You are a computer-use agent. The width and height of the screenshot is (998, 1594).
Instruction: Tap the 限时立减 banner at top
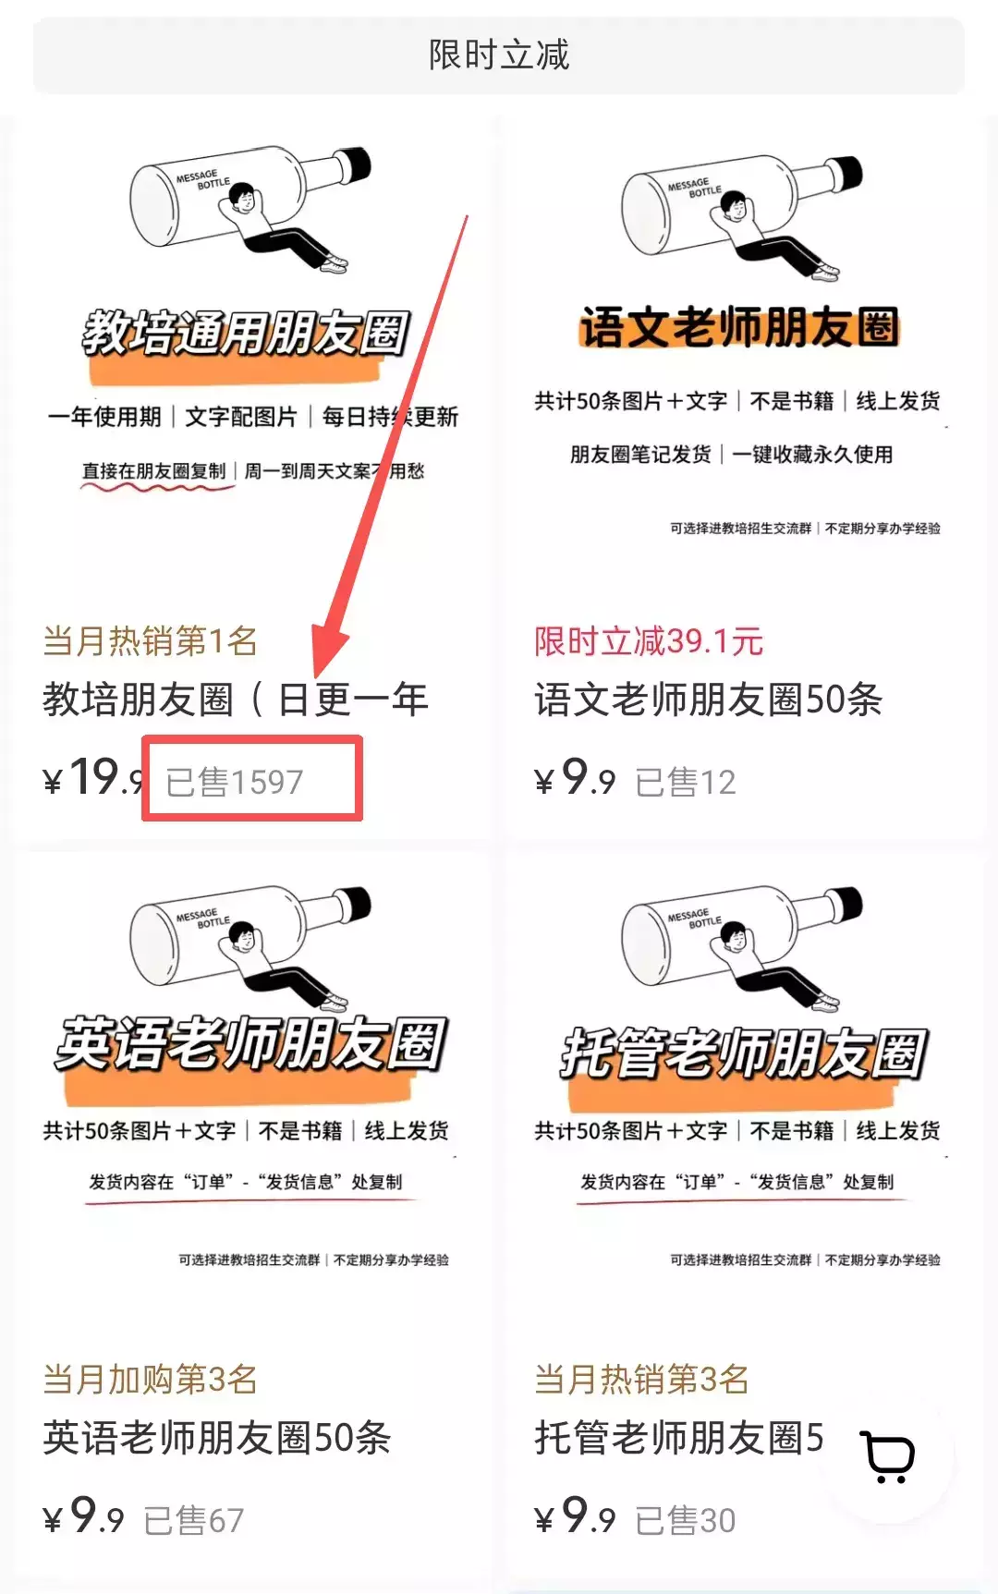pos(499,55)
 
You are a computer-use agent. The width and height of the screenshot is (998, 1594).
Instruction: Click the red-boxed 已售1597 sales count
pos(235,782)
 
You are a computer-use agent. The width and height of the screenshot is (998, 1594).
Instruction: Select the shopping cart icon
pos(888,1457)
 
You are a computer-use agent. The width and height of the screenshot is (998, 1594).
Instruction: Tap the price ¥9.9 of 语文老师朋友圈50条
pos(575,778)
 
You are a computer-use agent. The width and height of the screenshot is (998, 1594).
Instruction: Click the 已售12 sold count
pos(686,783)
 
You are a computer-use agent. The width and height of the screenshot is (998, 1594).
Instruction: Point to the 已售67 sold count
pos(194,1520)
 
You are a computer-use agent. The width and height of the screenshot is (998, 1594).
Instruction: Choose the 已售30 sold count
pos(686,1520)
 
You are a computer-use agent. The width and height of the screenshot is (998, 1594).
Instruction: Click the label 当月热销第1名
pos(150,640)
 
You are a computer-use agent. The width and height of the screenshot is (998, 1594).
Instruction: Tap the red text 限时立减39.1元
pos(649,640)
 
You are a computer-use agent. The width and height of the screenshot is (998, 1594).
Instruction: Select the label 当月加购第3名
pos(150,1379)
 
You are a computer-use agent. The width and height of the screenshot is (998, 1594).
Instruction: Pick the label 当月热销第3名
pos(641,1379)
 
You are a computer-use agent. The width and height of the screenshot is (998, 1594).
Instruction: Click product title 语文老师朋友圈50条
pos(708,700)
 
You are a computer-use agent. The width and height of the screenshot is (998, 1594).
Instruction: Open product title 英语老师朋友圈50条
pos(217,1438)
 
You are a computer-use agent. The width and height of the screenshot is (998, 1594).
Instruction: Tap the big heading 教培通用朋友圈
pos(246,334)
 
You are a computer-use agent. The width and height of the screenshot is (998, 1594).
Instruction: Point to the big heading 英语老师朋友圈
pos(251,1045)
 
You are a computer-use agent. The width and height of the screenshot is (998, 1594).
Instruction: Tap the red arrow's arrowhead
pos(328,651)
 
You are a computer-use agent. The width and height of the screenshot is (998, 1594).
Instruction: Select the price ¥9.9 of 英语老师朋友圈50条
pos(83,1516)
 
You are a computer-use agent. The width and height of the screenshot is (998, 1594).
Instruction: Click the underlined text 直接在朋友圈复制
pos(153,471)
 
